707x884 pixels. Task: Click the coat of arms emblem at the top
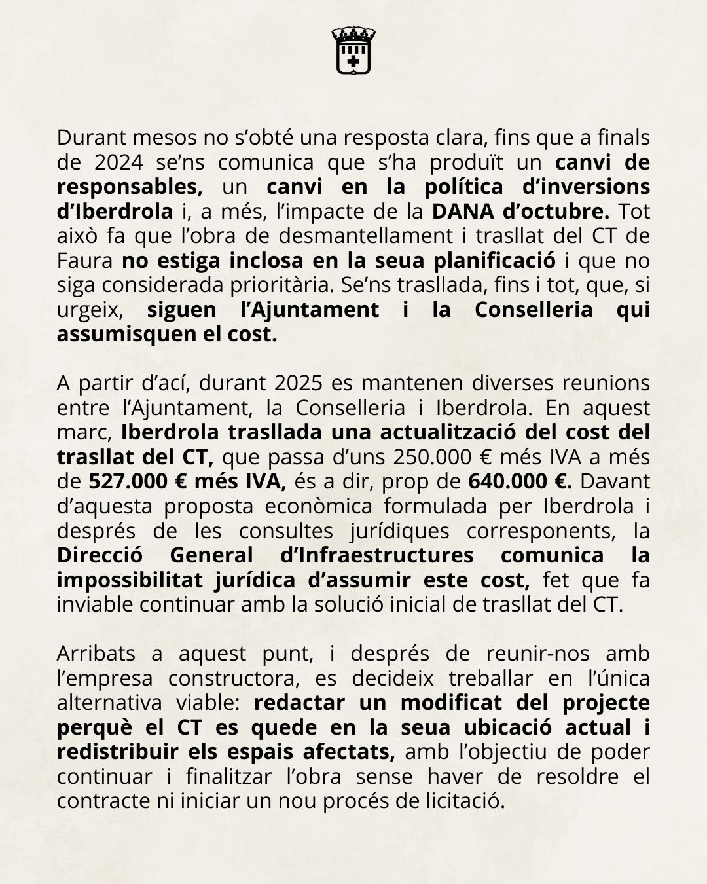353,50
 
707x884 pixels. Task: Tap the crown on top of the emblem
353,33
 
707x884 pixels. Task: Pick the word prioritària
249,285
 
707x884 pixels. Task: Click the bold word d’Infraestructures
371,555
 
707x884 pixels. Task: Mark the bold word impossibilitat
130,580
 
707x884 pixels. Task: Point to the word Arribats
96,654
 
